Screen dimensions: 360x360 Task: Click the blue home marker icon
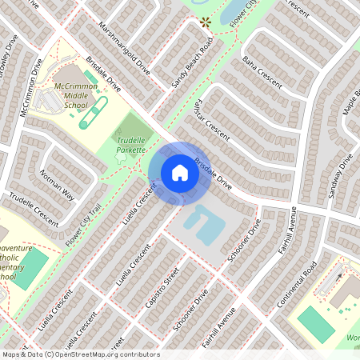click(x=180, y=173)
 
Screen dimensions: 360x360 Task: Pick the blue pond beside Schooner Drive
click(x=200, y=224)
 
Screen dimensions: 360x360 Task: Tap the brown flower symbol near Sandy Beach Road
click(x=205, y=22)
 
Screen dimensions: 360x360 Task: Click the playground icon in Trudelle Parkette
click(x=121, y=158)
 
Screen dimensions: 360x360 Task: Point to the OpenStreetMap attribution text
click(x=80, y=354)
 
